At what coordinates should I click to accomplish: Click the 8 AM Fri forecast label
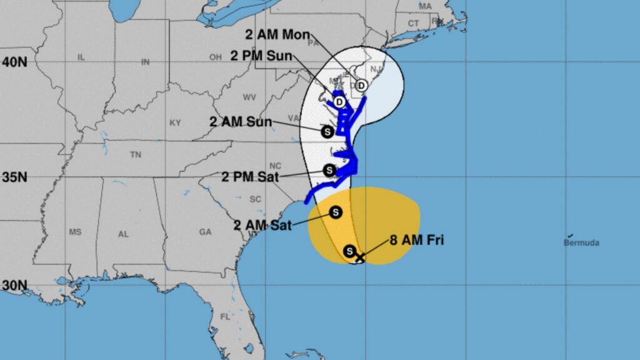[x=417, y=239]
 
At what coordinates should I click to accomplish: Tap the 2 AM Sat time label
[x=263, y=225]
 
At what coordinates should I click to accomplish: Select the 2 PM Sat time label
[x=251, y=177]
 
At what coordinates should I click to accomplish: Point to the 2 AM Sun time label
[x=241, y=121]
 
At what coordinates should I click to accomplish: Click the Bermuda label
[x=581, y=242]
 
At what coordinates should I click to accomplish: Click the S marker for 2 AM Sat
[x=336, y=212]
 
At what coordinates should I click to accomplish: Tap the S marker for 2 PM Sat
[x=329, y=170]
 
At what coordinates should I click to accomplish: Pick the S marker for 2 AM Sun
[x=326, y=131]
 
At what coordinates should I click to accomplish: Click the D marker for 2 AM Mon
[x=361, y=86]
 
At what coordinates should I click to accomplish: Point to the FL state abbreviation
[x=225, y=317]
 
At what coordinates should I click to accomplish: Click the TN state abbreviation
[x=135, y=154]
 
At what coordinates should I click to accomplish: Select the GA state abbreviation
[x=205, y=232]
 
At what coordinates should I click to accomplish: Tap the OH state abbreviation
[x=216, y=57]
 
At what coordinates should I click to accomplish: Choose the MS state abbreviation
[x=76, y=232]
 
